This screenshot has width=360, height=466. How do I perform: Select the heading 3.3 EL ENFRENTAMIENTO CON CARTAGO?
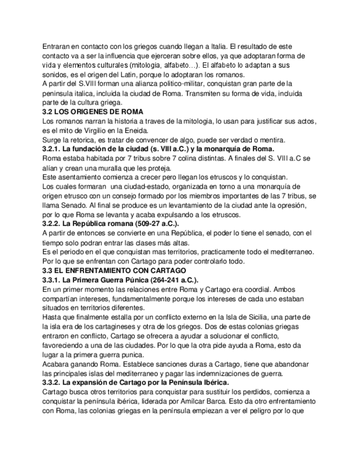[x=114, y=270]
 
